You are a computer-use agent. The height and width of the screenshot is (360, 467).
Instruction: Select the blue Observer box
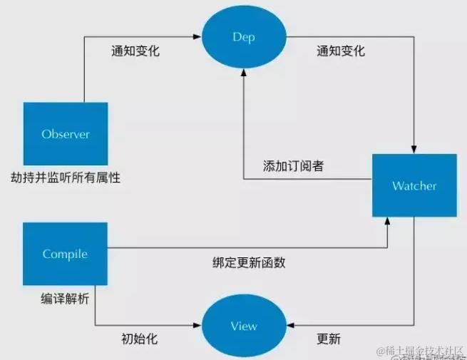click(66, 134)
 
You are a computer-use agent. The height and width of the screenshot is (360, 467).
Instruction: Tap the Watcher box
click(414, 186)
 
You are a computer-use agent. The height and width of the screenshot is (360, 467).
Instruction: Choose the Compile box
click(65, 254)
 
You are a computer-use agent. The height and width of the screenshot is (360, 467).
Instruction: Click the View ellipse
click(244, 326)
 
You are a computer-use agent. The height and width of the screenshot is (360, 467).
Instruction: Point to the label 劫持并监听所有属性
click(66, 178)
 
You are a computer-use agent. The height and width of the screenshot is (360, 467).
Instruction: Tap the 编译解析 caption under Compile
click(65, 299)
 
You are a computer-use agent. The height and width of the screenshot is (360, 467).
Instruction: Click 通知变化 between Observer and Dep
click(135, 51)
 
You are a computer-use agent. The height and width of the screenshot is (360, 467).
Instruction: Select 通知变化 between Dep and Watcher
click(340, 51)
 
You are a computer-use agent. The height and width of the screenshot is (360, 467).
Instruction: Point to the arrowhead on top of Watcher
click(414, 148)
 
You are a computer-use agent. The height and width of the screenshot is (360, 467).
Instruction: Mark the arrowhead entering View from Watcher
click(289, 326)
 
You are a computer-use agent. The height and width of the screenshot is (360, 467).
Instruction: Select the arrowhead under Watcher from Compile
click(389, 222)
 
